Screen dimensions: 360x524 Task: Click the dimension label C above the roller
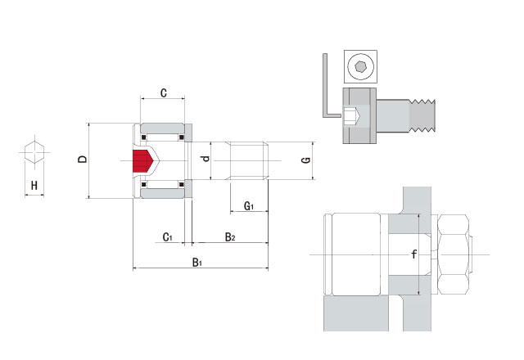[x=164, y=94]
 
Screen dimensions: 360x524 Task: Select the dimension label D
[x=83, y=159]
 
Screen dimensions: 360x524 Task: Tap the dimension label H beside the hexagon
[x=34, y=186]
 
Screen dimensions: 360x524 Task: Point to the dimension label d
[x=206, y=158]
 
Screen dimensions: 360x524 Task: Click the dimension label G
[x=305, y=159]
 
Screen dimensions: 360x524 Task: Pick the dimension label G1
[x=250, y=205]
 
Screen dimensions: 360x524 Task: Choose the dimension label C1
[x=167, y=237]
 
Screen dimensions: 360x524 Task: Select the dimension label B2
[x=230, y=237]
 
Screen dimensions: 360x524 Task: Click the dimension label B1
[x=197, y=263]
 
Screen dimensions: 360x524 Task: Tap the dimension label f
[x=414, y=254]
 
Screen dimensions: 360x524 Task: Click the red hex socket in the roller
[x=143, y=161]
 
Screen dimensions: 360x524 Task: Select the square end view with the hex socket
[x=360, y=65]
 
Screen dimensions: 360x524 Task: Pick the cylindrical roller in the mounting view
[x=354, y=254]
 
